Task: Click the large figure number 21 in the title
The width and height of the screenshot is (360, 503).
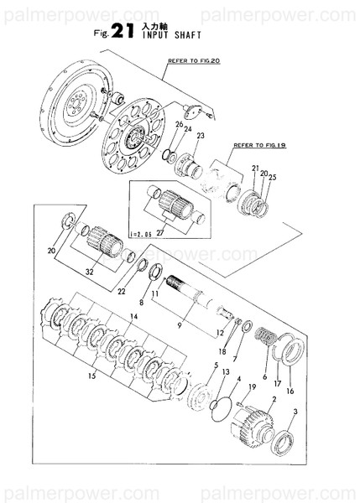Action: coord(121,33)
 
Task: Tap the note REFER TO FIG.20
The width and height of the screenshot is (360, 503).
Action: coord(194,62)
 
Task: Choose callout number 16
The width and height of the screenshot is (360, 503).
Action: coord(291,391)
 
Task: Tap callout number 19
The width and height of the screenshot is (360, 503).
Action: coord(251,386)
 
